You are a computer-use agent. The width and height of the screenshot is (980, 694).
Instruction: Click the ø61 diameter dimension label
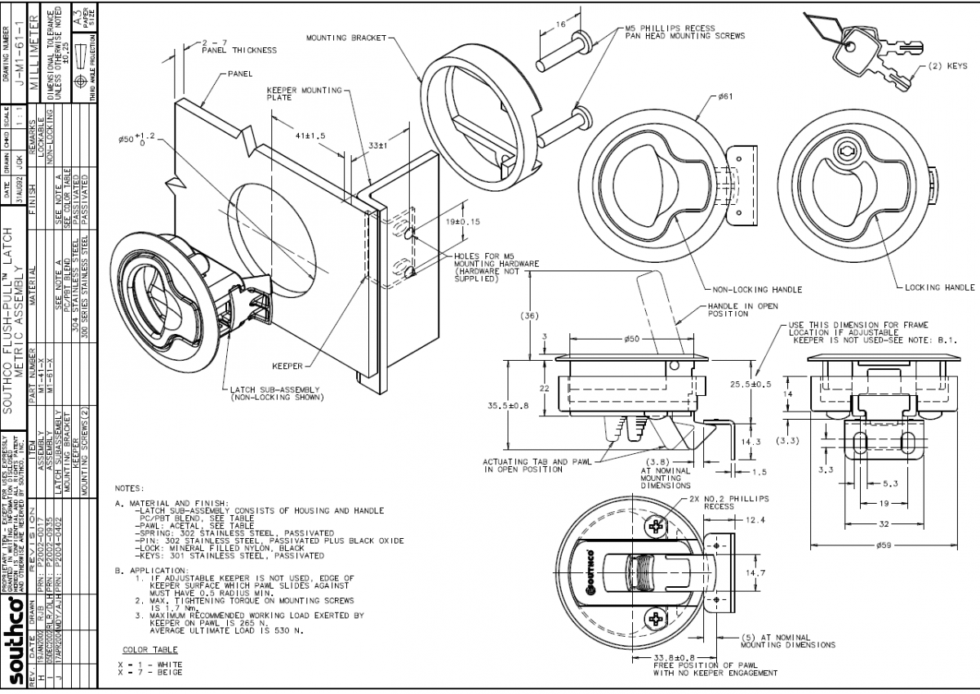(725, 96)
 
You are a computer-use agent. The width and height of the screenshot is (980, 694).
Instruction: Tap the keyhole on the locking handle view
(844, 151)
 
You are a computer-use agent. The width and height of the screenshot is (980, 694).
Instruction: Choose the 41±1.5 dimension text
(310, 136)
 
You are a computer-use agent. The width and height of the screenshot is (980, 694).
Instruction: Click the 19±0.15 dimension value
(462, 221)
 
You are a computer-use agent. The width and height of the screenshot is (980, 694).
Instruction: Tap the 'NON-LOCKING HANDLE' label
(757, 289)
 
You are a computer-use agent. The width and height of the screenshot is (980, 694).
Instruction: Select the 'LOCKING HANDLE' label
(939, 287)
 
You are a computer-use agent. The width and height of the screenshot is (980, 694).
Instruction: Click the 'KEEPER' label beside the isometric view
(287, 366)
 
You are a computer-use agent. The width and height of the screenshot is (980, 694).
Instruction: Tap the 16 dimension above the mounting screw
(560, 25)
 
